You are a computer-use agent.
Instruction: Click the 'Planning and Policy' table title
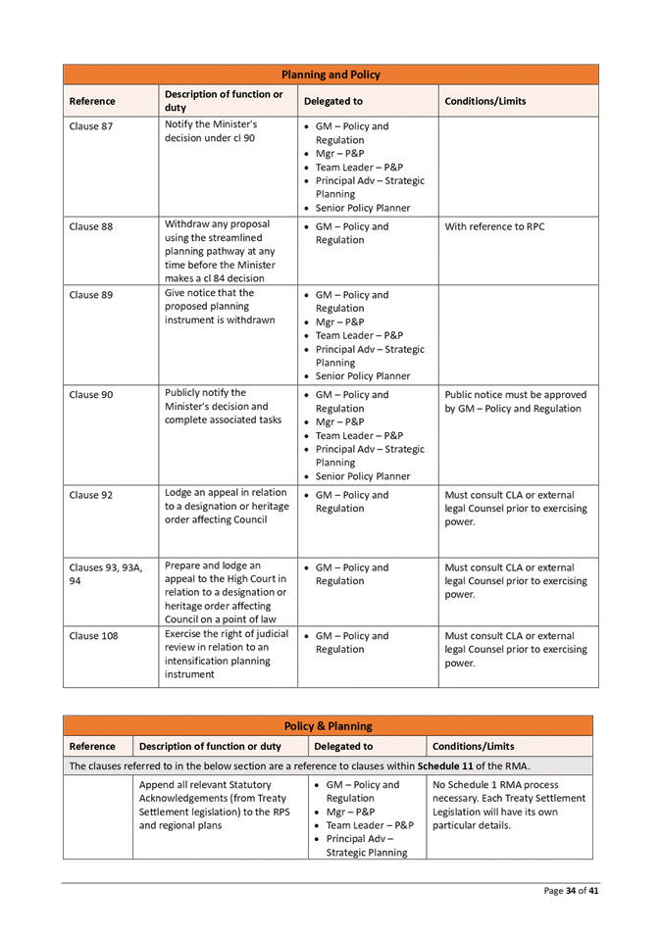click(331, 74)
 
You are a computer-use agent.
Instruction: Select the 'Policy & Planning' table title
click(328, 726)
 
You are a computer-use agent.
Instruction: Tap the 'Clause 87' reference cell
click(91, 126)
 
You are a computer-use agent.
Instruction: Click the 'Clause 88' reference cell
click(91, 227)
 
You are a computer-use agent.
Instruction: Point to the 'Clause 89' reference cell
click(91, 295)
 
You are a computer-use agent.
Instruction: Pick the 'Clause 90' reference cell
click(91, 395)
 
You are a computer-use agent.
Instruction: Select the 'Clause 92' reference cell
click(91, 495)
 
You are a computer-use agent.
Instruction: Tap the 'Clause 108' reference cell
click(94, 636)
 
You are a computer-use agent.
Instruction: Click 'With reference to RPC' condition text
click(495, 227)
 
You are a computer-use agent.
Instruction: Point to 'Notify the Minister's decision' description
click(210, 131)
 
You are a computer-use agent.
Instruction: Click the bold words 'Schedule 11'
click(446, 765)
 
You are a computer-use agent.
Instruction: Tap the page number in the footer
click(572, 891)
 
